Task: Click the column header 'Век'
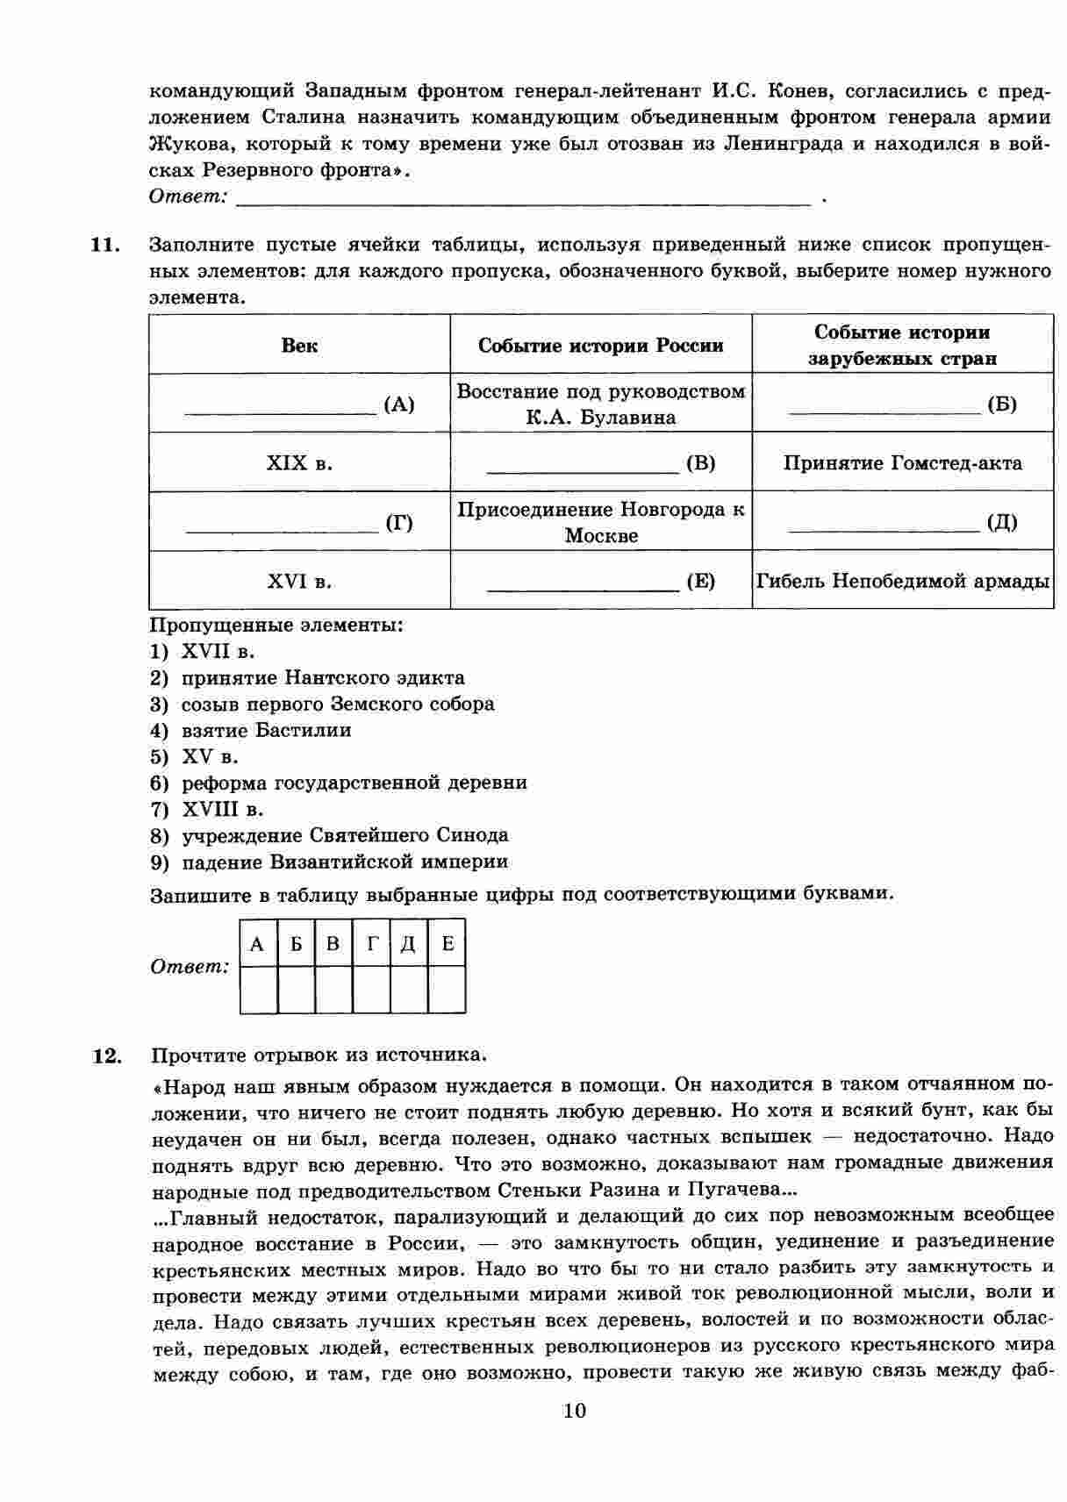click(299, 345)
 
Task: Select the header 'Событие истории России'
click(601, 346)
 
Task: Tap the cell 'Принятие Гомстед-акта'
click(902, 462)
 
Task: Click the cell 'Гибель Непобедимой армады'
click(903, 581)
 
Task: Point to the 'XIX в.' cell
click(299, 462)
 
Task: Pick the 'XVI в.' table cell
click(299, 581)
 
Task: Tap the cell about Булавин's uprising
click(601, 404)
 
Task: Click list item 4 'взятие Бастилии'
click(266, 730)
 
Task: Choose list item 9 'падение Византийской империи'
click(344, 862)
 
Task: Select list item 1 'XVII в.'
click(218, 651)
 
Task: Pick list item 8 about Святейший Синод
click(344, 835)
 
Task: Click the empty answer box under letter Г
click(372, 990)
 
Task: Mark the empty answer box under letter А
click(258, 990)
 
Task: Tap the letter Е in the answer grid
click(448, 944)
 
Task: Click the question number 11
click(105, 245)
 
